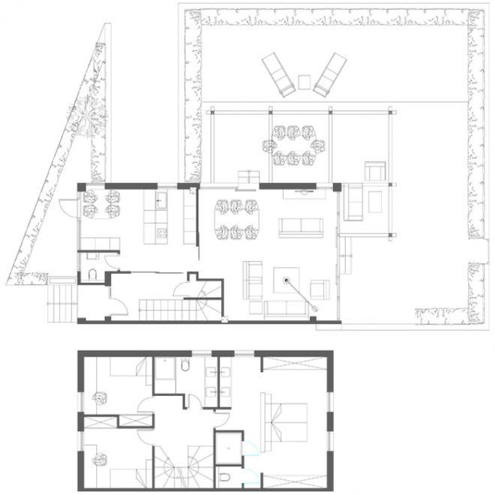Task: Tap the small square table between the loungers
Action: [x=304, y=81]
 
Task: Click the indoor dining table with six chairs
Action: [x=236, y=219]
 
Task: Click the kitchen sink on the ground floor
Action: [x=160, y=200]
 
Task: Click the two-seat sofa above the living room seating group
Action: [x=300, y=228]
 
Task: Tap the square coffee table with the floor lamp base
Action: [x=286, y=281]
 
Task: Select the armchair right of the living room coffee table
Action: [x=320, y=289]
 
